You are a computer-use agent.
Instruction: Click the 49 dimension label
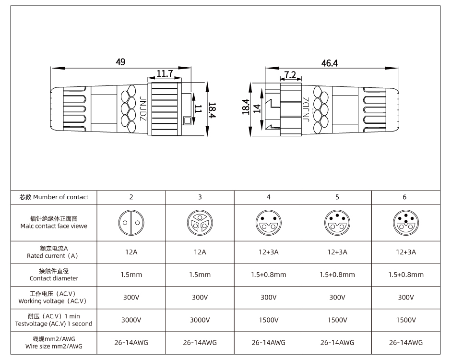[120, 62]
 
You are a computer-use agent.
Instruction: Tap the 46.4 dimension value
[329, 63]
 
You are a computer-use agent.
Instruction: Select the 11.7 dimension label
[165, 73]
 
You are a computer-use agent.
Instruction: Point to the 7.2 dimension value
[290, 75]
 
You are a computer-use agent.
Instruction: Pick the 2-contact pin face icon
[131, 223]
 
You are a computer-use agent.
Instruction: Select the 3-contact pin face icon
[200, 223]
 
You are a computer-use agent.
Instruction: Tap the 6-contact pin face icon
[405, 223]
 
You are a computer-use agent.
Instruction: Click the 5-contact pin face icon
[337, 223]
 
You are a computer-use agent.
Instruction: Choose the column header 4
[268, 197]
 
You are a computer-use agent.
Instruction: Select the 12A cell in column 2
[131, 252]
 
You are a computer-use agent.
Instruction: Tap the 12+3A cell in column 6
[405, 252]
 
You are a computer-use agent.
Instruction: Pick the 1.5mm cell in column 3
[200, 275]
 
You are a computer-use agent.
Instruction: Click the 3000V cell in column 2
[131, 320]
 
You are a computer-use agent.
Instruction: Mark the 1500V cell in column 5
[337, 320]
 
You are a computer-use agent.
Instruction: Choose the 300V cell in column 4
[268, 297]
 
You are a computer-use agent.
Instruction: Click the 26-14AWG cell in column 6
[405, 343]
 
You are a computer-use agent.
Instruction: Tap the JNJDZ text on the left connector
[142, 108]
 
